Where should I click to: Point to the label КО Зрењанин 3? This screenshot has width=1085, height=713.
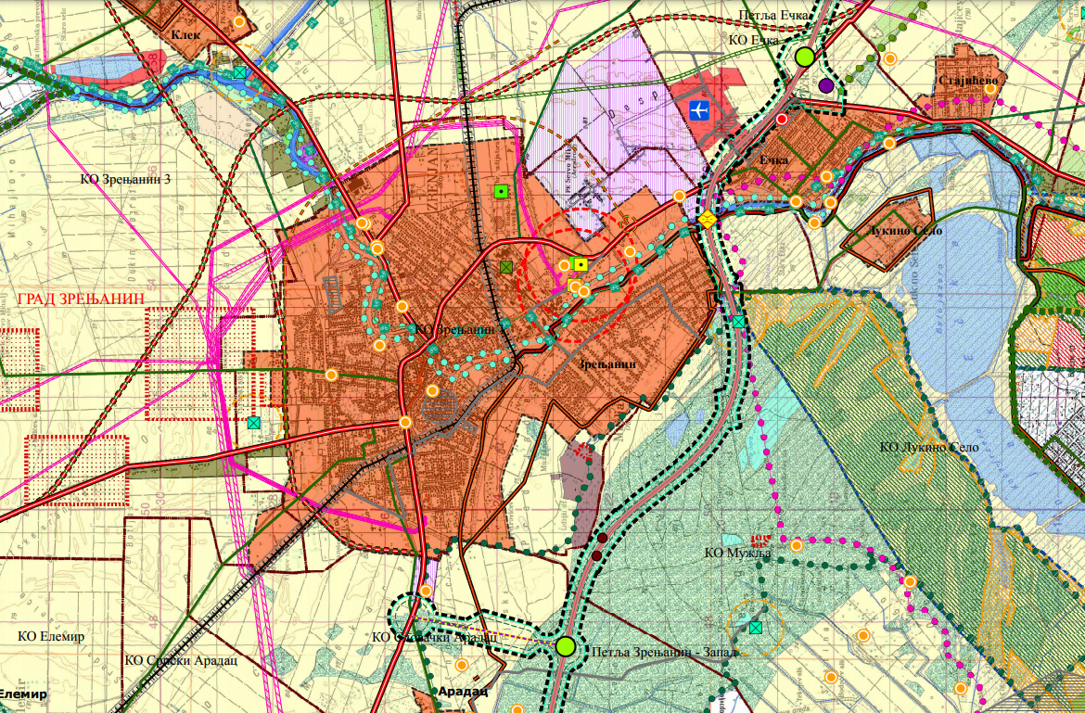coord(124,177)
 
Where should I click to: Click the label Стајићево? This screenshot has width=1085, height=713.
coord(967,81)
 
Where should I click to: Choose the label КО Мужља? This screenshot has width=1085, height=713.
coord(737,553)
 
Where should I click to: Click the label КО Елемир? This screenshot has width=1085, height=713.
coord(51,636)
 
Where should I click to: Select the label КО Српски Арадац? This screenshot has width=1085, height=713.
coord(168,660)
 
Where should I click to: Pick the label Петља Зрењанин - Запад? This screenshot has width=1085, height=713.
coord(662,652)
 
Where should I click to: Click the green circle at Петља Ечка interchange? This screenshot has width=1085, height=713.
coord(804,57)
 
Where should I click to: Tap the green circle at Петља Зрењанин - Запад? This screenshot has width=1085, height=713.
coord(566,646)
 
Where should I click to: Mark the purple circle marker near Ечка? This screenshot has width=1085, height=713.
coord(826,85)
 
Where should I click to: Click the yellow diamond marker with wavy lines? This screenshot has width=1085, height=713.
coord(707,220)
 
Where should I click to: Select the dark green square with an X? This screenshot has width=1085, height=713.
coord(505,267)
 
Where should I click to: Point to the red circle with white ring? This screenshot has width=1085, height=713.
coord(782,119)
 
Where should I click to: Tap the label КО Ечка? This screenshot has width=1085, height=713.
coord(752,40)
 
